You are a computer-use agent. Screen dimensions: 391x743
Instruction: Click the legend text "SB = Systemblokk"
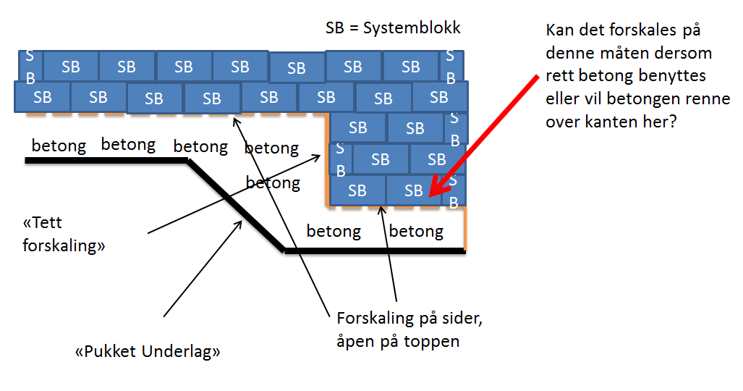[x=393, y=28]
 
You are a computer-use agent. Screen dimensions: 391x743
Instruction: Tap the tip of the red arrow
[x=430, y=195]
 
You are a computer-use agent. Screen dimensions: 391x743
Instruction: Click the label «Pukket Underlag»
[x=148, y=353]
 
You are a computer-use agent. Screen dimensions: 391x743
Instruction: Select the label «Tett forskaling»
[x=64, y=235]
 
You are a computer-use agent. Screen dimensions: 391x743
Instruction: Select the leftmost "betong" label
[x=59, y=146]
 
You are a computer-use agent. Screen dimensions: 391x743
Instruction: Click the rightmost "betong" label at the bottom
[x=416, y=232]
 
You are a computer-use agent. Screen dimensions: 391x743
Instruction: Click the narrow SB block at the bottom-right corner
[x=454, y=191]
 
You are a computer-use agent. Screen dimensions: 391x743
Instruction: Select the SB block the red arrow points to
[x=412, y=190]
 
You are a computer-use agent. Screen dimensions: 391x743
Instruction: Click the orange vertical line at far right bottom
[x=464, y=228]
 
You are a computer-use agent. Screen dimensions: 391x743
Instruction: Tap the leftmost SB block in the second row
[x=42, y=97]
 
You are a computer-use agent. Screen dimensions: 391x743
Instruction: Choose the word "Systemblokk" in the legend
[x=413, y=28]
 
